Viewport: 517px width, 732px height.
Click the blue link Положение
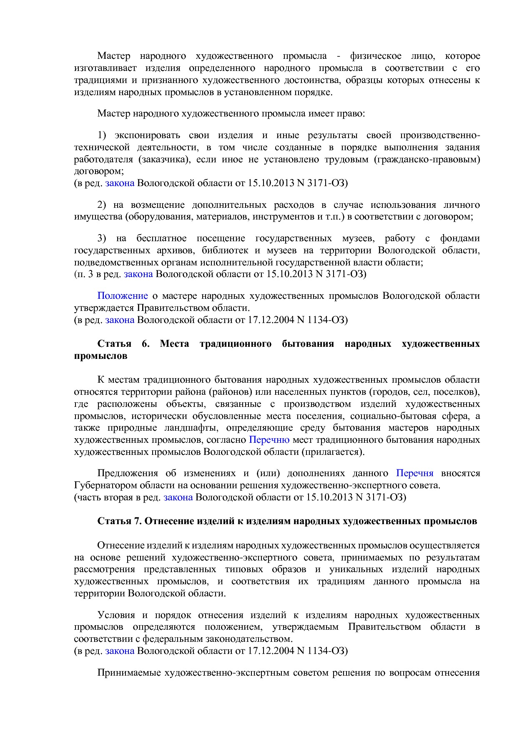coord(122,296)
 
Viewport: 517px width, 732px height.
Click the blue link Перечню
coord(269,440)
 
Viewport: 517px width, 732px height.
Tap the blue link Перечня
coord(414,473)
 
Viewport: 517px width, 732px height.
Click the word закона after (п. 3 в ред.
coord(138,274)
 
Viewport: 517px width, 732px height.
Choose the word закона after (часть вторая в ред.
coord(178,497)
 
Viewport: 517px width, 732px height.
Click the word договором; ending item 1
coord(99,171)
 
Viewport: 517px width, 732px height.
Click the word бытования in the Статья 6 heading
coord(308,344)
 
